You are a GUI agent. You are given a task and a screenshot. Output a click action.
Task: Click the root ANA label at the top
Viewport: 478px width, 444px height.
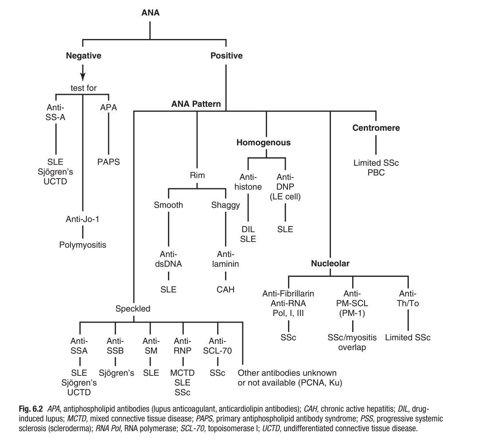point(150,13)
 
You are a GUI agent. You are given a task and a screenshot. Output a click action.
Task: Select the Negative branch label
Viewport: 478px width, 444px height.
point(84,56)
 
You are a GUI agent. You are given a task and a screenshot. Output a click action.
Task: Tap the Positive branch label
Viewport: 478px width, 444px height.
point(226,56)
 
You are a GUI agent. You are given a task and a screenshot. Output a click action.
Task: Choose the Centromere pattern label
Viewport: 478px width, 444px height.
point(376,128)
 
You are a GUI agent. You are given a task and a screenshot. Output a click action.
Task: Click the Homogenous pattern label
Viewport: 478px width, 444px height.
point(263,143)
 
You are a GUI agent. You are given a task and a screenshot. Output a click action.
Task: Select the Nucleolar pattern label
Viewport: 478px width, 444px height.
point(330,264)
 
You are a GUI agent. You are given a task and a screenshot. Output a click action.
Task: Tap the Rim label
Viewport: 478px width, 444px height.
point(198,175)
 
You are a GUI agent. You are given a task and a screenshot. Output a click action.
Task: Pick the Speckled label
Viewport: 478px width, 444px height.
point(133,309)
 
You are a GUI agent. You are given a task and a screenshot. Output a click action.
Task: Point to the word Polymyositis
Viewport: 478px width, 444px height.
point(83,244)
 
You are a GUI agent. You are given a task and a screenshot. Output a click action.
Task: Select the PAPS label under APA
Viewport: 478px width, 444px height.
point(109,162)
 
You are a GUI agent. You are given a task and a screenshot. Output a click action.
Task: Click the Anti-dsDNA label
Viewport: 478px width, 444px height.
point(169,260)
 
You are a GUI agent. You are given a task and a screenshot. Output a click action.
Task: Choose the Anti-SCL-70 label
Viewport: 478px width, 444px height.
point(218,347)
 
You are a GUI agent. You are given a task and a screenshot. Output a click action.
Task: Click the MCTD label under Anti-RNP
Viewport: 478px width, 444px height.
point(183,374)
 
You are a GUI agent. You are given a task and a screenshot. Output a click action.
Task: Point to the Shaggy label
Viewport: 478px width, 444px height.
point(225,205)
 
